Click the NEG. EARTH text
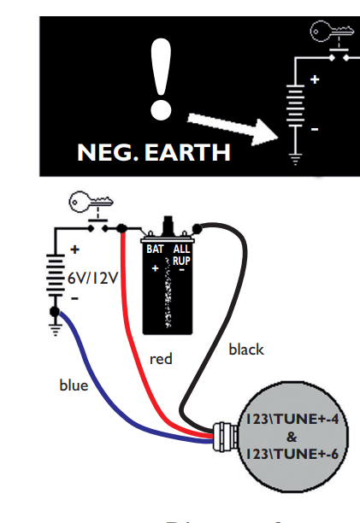pos(154,153)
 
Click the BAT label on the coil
pos(155,250)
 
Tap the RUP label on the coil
pos(181,260)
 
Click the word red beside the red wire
pos(161,359)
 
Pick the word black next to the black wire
pos(246,349)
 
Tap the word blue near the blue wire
pos(74,385)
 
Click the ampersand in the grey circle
pos(292,436)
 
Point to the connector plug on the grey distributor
pos(224,436)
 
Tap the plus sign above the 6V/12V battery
pos(74,250)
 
